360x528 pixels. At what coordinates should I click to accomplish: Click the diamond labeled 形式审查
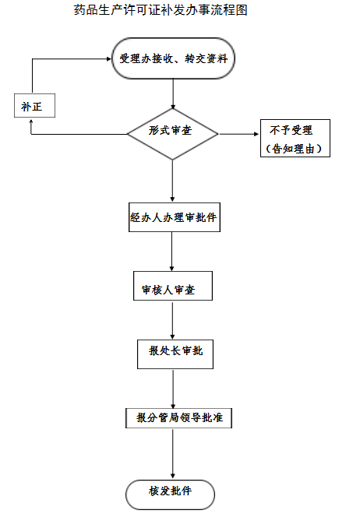coord(172,133)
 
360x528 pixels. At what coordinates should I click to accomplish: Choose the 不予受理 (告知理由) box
coord(295,139)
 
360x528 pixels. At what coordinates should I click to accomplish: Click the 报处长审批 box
coord(172,351)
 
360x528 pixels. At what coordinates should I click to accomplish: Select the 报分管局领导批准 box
coord(178,418)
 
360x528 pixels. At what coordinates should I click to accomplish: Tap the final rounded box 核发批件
coord(170,494)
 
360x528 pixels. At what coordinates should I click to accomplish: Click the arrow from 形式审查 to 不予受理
coord(238,134)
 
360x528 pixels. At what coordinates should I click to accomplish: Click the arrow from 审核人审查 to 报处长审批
coord(172,319)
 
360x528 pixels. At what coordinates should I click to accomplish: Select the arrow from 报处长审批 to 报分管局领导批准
coord(172,385)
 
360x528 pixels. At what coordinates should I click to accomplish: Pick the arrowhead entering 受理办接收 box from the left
coord(108,58)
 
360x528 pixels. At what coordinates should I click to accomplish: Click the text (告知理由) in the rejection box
coord(295,148)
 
